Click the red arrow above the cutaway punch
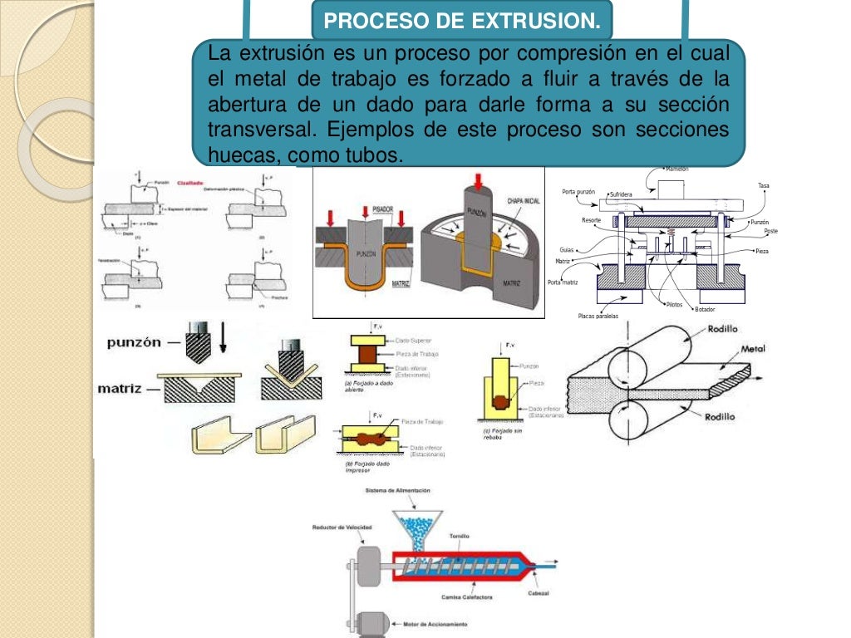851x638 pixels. pos(477,180)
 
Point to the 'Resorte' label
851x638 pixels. pos(591,220)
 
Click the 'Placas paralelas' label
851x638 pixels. pos(598,316)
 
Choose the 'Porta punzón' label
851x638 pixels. pos(579,192)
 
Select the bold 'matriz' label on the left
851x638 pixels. pos(123,386)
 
